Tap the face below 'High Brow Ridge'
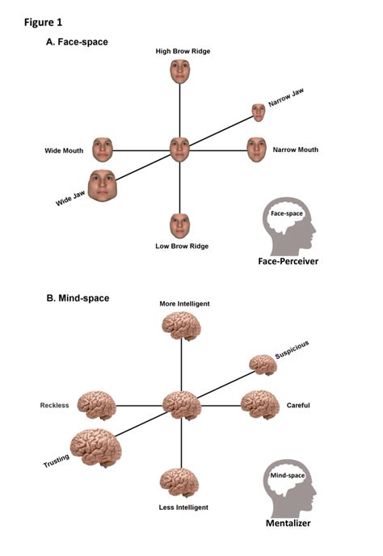(x=179, y=71)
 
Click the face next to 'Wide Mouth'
(x=103, y=149)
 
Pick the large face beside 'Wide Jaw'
(x=103, y=186)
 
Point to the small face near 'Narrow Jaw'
(x=259, y=112)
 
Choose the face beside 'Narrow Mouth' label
(x=256, y=149)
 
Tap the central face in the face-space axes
(x=179, y=150)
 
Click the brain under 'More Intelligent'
(x=181, y=326)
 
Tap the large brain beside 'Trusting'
(x=96, y=449)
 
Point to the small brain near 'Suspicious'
(x=263, y=365)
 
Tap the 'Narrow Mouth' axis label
(x=296, y=150)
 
